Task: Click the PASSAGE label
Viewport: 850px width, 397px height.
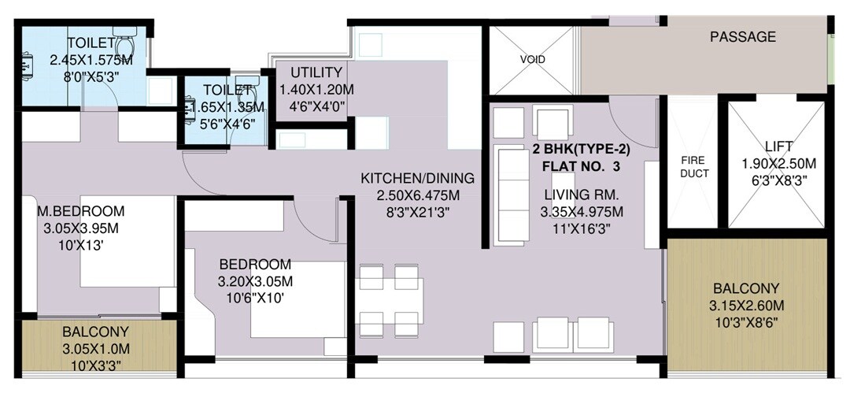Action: point(743,37)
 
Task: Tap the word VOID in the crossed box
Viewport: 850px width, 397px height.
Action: point(532,60)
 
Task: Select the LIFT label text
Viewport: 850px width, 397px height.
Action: point(778,147)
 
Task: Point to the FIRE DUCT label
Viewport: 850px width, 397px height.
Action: point(694,167)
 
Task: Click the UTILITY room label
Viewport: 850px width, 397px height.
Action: point(316,72)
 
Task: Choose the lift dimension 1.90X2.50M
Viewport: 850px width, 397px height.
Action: point(778,164)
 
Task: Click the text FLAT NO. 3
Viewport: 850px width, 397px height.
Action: point(582,166)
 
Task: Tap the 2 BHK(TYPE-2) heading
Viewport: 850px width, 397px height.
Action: point(582,149)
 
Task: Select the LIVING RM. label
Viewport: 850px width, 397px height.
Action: point(582,195)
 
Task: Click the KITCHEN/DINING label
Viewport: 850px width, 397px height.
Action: point(417,178)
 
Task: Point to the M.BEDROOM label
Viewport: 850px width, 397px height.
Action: point(82,211)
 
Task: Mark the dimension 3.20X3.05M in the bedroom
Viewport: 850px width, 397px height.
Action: point(255,281)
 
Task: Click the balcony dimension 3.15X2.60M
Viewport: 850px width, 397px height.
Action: point(747,306)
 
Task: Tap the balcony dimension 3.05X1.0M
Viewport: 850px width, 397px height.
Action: point(96,348)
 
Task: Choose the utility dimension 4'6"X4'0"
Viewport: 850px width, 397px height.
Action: point(316,106)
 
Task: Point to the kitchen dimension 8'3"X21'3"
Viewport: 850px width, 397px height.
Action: point(417,212)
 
